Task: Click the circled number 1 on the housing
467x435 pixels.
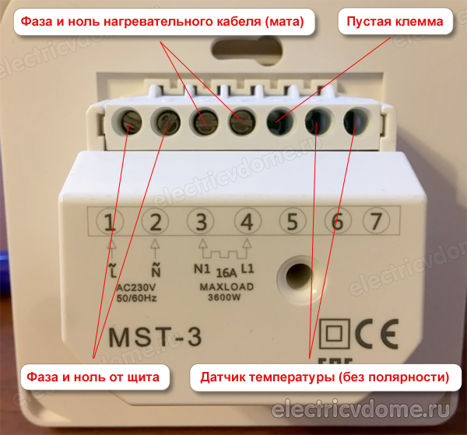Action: coord(111,223)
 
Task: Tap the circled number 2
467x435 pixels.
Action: coord(156,223)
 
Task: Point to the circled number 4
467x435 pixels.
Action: coord(247,223)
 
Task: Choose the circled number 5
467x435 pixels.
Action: coord(292,223)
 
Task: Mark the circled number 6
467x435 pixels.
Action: coord(336,223)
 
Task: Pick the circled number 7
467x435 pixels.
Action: coord(377,223)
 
